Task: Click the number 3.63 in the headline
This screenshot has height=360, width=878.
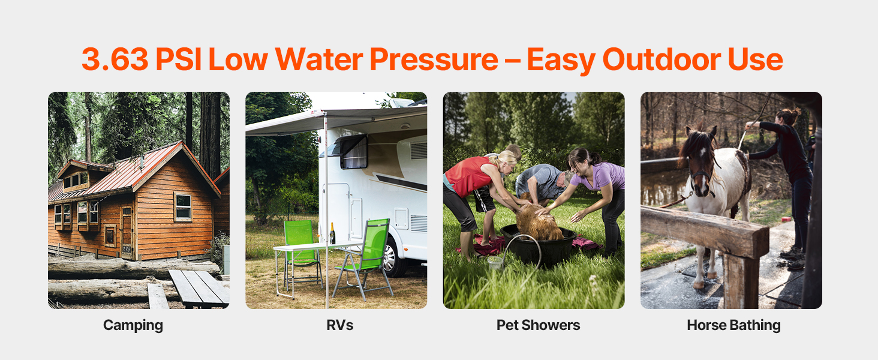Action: click(x=115, y=59)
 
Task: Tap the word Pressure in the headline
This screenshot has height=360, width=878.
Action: click(x=434, y=59)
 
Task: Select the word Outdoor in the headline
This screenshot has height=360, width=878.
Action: click(x=661, y=59)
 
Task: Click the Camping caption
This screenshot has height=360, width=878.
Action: click(x=133, y=325)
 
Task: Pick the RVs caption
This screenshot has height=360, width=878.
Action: click(x=340, y=325)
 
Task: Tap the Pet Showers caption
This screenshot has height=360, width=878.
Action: click(x=538, y=325)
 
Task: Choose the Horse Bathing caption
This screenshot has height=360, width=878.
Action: click(x=733, y=325)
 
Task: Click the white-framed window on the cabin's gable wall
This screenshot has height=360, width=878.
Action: click(x=183, y=206)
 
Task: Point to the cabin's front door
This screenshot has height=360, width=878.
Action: click(x=127, y=233)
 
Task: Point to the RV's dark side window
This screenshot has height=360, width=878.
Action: click(x=354, y=152)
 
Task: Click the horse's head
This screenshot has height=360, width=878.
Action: click(x=700, y=161)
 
